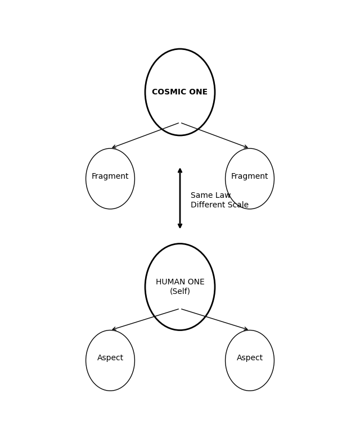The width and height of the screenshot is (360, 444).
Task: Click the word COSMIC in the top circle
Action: pos(169,92)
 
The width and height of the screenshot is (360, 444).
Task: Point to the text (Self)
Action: pos(180,292)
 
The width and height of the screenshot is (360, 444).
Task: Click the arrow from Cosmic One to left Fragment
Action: pos(145,135)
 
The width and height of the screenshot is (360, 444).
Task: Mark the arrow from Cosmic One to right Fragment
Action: pos(215,135)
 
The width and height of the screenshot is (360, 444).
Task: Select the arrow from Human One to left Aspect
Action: pos(145,319)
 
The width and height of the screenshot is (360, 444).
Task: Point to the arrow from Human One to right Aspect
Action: pos(215,319)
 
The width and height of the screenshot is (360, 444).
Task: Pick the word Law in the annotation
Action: pos(223,196)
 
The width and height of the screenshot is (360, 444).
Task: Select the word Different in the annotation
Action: pos(208,205)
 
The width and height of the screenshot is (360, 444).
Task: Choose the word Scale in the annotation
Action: pos(237,205)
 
